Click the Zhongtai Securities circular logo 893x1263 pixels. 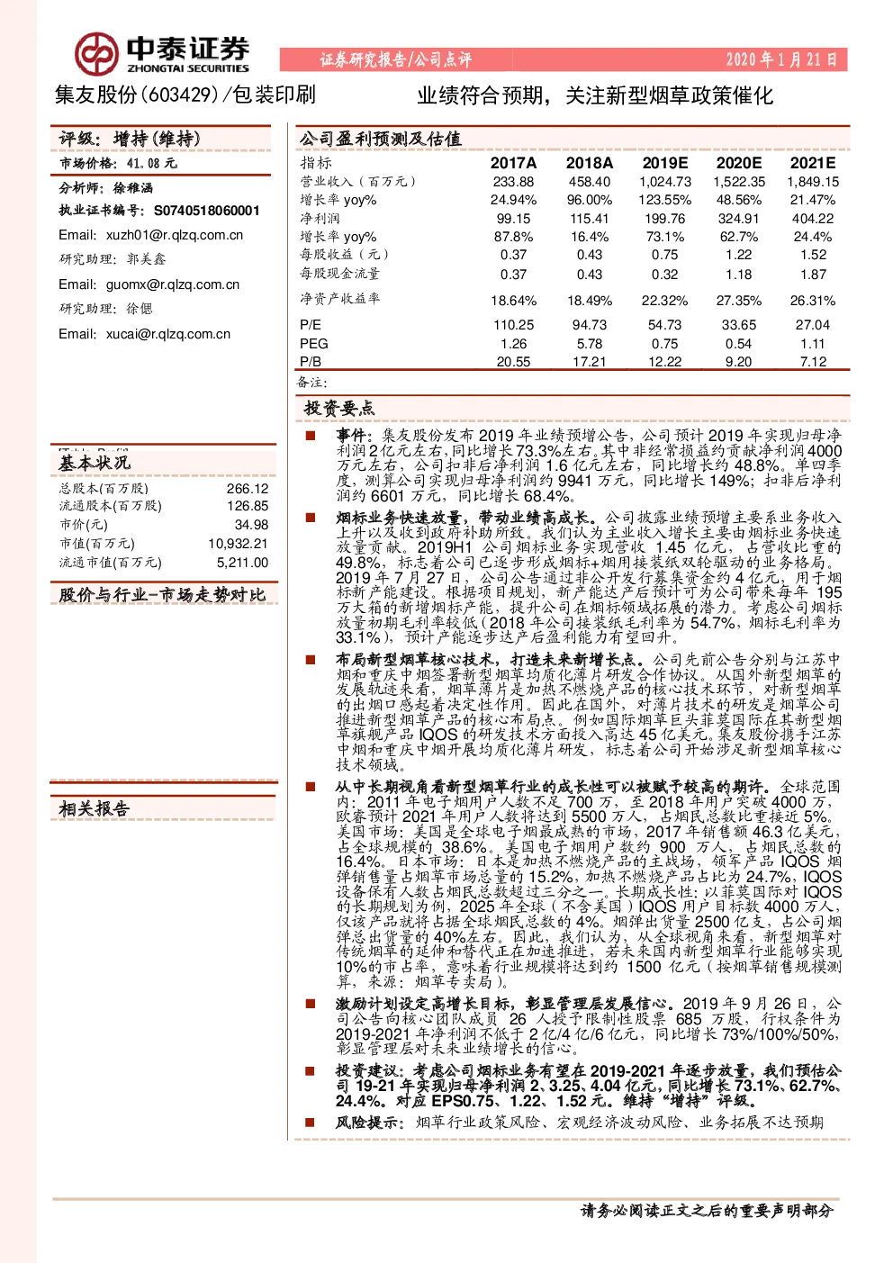coord(97,54)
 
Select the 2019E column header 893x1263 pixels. coord(664,163)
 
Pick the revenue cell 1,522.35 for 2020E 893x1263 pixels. coord(738,182)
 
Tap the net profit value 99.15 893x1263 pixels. coord(513,218)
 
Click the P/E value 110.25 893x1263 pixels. coord(513,325)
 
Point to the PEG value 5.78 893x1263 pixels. coord(589,343)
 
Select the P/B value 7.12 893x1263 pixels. coord(813,361)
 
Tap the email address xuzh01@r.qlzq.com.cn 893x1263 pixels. coord(175,235)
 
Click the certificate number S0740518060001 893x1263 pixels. coord(206,211)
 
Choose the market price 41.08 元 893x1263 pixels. coord(151,164)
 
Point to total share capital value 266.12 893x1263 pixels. coord(248,489)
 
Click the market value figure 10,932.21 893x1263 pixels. coord(238,544)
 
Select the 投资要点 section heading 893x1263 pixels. coord(338,408)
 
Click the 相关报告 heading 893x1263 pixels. coord(95,808)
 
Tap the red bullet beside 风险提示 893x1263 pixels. coord(310,1122)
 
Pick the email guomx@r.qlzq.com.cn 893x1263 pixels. coord(173,284)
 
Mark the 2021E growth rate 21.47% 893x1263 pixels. coord(812,200)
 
